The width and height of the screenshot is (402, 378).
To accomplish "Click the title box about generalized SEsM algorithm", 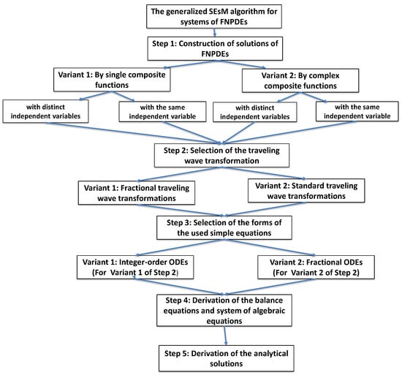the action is pyautogui.click(x=214, y=16).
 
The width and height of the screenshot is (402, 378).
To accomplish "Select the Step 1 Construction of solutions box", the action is pyautogui.click(x=215, y=48).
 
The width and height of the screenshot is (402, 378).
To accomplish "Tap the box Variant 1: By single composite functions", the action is pyautogui.click(x=112, y=80).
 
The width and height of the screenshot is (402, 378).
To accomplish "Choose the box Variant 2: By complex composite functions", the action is pyautogui.click(x=300, y=80).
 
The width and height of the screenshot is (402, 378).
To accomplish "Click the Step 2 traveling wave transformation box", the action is pyautogui.click(x=221, y=156).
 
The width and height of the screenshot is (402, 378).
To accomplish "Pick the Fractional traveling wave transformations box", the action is pyautogui.click(x=137, y=193).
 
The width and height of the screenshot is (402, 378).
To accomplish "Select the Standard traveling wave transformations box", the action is pyautogui.click(x=306, y=191).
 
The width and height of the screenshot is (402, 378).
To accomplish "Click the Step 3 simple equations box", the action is pyautogui.click(x=224, y=227).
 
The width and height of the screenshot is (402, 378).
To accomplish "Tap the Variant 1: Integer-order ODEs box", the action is pyautogui.click(x=135, y=267).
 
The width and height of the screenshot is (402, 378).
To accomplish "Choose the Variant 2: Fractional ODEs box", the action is pyautogui.click(x=316, y=267).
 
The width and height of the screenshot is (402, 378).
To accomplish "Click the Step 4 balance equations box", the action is pyautogui.click(x=224, y=310).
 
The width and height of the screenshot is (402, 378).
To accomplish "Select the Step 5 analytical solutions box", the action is pyautogui.click(x=227, y=358).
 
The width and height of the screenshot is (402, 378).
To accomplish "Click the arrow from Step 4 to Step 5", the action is pyautogui.click(x=225, y=336).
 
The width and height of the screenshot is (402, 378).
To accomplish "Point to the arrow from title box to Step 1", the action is pyautogui.click(x=215, y=32).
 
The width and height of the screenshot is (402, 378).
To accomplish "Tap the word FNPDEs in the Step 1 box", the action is pyautogui.click(x=215, y=54).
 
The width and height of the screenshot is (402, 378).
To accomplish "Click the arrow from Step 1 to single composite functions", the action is pyautogui.click(x=190, y=64).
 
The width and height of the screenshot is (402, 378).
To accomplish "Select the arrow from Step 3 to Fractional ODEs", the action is pyautogui.click(x=270, y=247).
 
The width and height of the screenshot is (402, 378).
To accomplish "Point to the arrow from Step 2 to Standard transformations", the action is pyautogui.click(x=264, y=173).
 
